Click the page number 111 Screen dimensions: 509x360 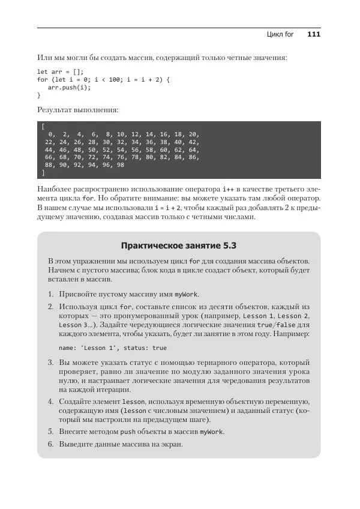(x=314, y=35)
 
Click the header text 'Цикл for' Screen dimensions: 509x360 (x=280, y=35)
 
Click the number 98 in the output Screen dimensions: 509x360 (x=121, y=165)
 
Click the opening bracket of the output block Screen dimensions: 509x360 (x=43, y=126)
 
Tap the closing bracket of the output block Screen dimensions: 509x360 (x=43, y=173)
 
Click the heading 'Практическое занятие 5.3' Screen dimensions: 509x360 (x=179, y=245)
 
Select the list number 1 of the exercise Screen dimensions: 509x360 (x=50, y=294)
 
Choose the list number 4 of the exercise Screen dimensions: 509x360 (x=50, y=400)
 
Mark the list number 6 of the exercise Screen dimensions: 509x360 (x=50, y=444)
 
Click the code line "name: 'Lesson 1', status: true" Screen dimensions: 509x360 (x=113, y=348)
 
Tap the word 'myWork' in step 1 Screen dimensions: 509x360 (x=186, y=295)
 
